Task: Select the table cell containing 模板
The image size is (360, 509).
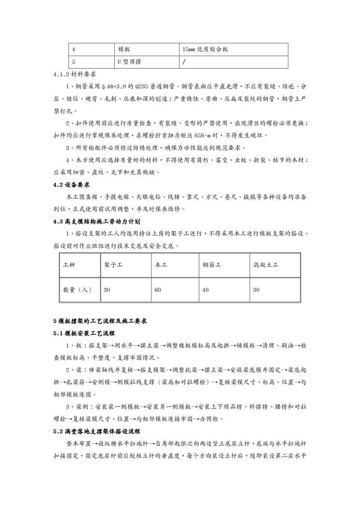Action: click(125, 49)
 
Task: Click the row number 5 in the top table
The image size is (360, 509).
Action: click(74, 62)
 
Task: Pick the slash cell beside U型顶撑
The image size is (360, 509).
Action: click(184, 62)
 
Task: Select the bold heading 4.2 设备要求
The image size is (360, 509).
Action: click(72, 185)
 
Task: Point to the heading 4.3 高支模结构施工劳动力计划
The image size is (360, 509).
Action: click(97, 222)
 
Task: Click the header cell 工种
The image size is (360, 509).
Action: click(69, 266)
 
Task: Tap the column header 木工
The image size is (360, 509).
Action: click(160, 266)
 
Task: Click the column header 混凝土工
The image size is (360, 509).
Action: click(266, 266)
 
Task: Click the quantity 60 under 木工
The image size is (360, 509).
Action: click(158, 290)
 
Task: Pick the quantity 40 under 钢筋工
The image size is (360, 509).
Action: click(206, 290)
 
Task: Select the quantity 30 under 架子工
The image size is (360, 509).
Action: click(107, 290)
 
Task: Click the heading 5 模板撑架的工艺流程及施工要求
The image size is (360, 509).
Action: click(100, 321)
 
